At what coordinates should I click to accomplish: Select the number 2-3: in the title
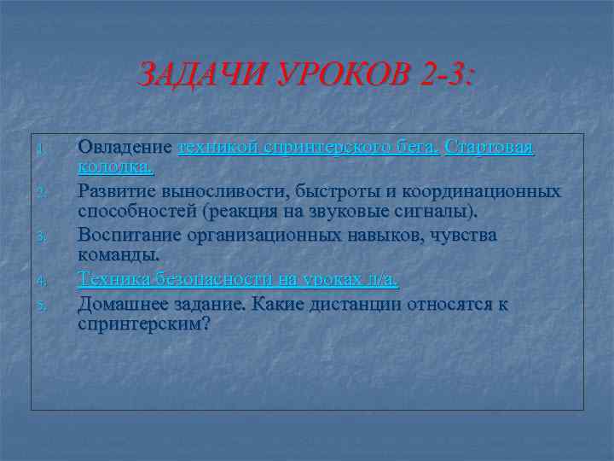pos(446,79)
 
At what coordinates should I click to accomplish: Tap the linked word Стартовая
pos(489,147)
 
